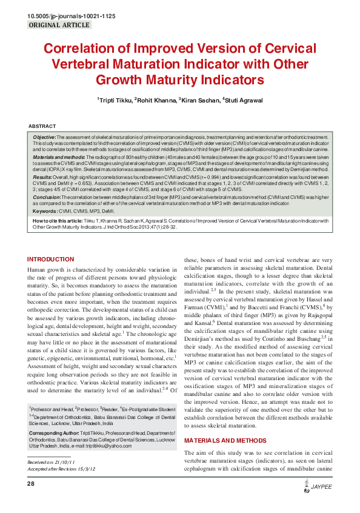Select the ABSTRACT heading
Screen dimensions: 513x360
point(42,126)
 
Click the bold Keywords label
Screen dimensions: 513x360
point(45,211)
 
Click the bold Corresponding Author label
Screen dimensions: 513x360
point(54,434)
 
